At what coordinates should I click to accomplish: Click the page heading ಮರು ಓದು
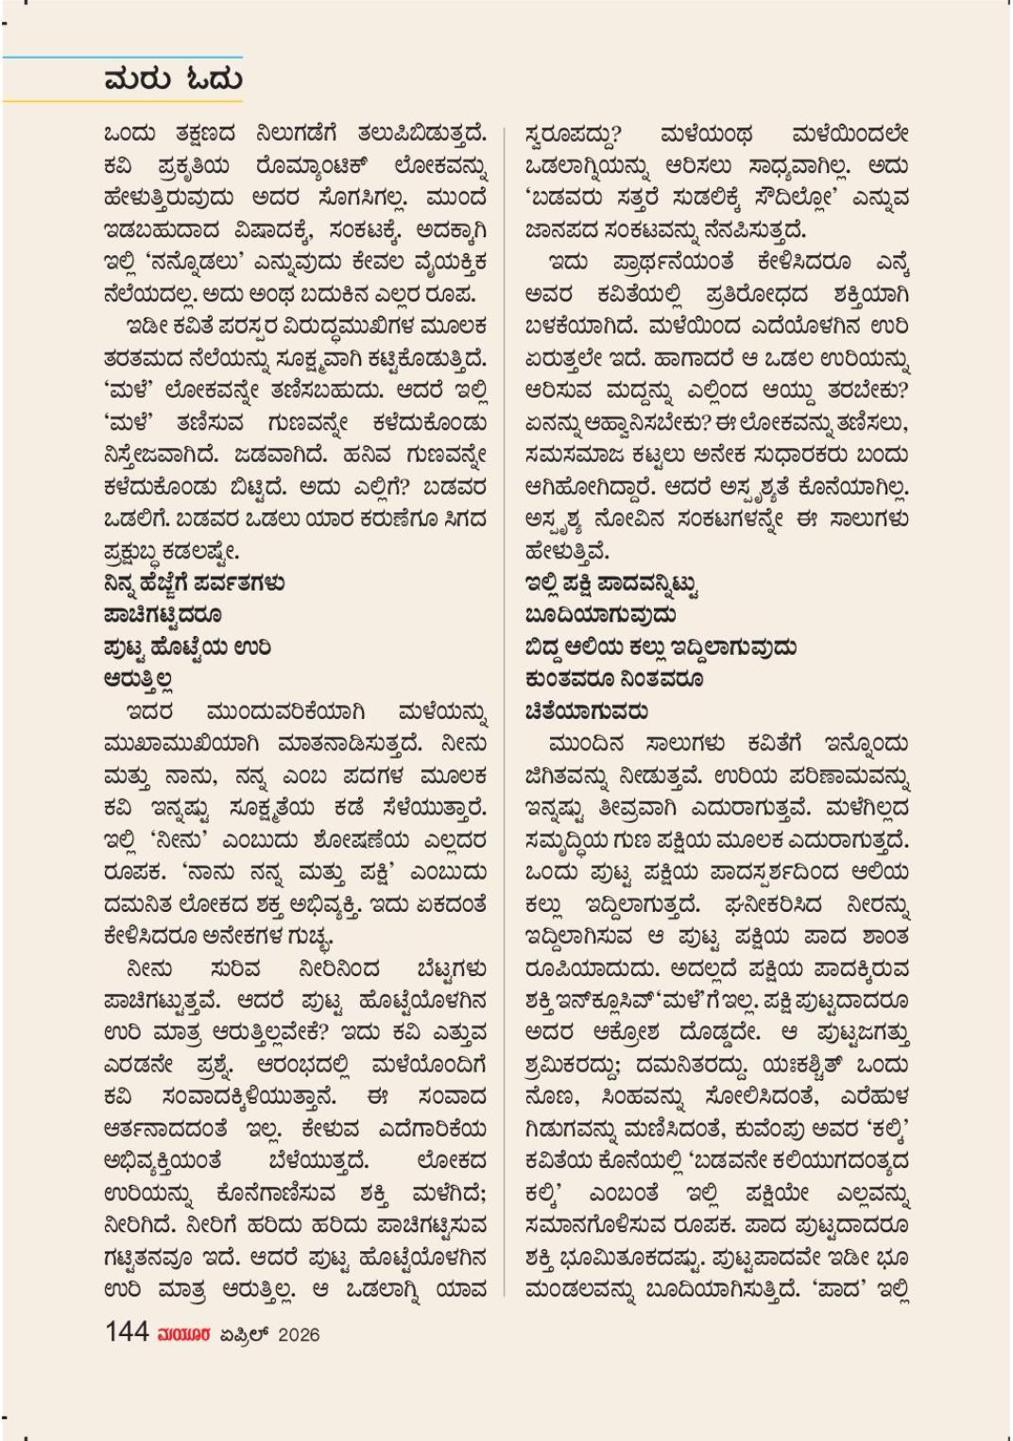[173, 78]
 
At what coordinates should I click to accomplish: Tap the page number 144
[127, 1332]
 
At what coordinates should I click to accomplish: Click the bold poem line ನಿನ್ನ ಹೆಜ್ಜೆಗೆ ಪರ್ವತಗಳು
[195, 583]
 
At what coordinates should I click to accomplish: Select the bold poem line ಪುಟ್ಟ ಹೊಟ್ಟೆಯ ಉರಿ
[188, 647]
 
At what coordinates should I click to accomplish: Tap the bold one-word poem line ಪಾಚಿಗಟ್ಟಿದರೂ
[163, 615]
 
